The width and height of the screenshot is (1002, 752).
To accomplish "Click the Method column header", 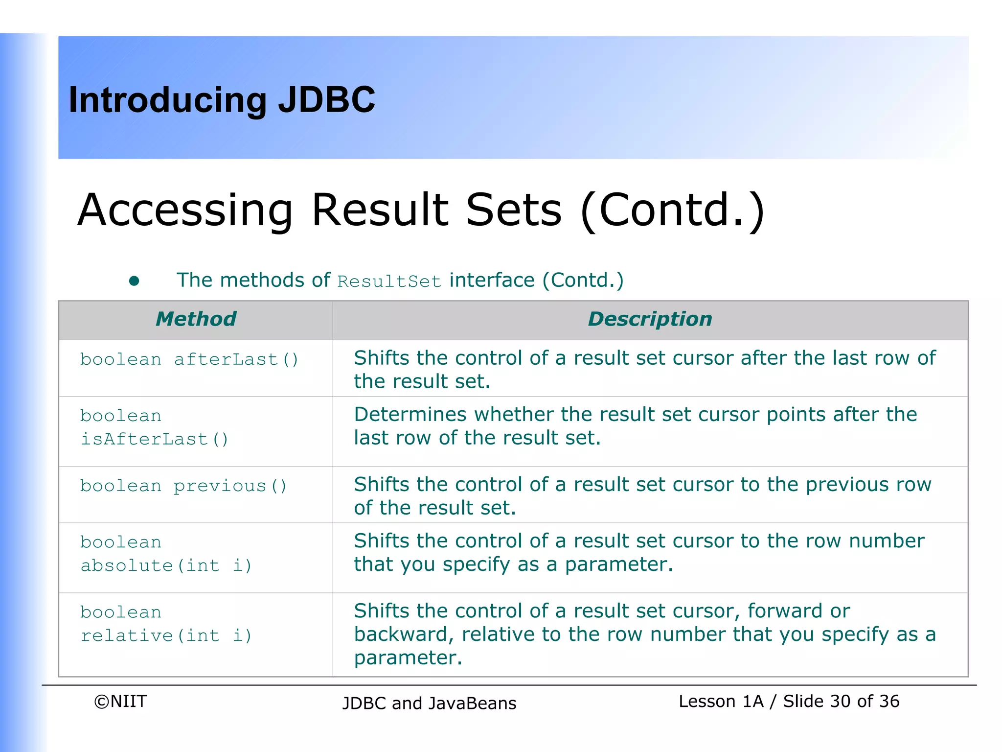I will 196,319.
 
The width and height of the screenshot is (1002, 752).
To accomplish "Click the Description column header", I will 650,319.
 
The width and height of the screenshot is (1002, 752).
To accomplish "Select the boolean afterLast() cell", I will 189,360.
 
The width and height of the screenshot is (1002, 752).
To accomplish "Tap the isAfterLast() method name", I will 154,439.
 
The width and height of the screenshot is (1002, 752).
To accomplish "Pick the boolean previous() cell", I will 183,486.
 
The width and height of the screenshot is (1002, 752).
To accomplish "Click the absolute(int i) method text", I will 166,566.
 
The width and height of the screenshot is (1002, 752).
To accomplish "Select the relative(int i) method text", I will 166,636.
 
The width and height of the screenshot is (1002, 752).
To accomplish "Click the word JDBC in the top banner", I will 326,100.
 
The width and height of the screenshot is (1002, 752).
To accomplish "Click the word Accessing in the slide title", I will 185,211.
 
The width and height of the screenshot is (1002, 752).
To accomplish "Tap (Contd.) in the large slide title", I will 672,211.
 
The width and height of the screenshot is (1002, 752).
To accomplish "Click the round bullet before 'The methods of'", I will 134,281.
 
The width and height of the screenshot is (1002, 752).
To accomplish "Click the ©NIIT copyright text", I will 120,702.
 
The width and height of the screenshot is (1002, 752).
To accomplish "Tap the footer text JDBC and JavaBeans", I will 429,704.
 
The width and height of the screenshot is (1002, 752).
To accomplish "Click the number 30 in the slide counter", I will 840,702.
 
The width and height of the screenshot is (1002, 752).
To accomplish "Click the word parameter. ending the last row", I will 408,658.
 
